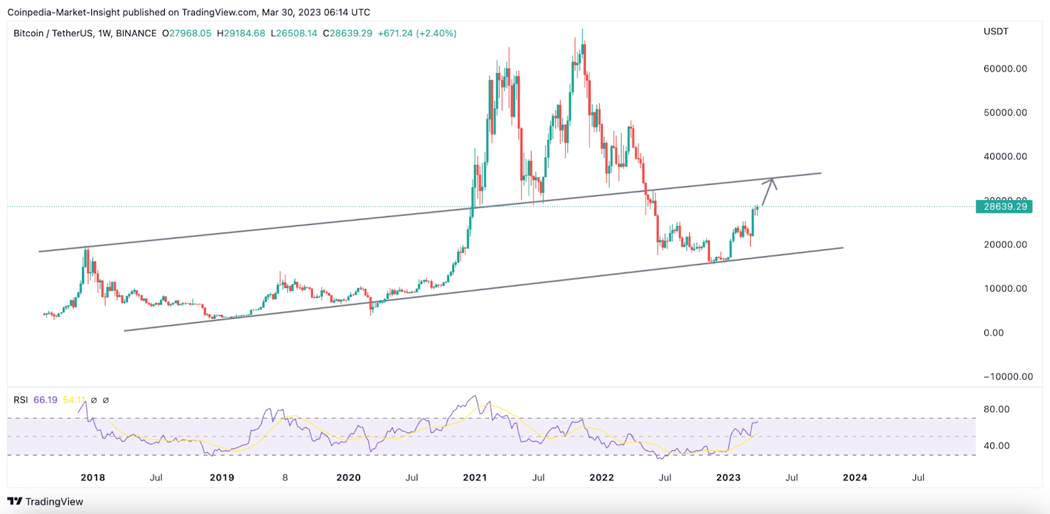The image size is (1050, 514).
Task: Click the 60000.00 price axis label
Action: [1005, 69]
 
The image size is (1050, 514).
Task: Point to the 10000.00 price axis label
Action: [1005, 289]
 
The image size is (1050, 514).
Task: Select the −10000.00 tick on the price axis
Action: [1007, 377]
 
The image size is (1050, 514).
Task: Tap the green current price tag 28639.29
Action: [1004, 207]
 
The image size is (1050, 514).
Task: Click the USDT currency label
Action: [996, 32]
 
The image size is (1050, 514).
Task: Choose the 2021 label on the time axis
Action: [474, 477]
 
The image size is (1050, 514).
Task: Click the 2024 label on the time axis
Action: [854, 477]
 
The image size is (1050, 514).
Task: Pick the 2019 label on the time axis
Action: [222, 477]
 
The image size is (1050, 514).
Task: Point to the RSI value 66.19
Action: [45, 400]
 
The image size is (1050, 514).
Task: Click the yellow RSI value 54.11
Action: [74, 400]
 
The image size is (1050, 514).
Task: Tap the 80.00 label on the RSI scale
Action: [996, 409]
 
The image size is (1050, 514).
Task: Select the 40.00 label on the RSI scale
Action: [996, 446]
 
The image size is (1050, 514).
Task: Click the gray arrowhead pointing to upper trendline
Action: [773, 182]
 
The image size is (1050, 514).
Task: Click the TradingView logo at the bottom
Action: [45, 502]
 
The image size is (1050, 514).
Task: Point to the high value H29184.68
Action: [241, 33]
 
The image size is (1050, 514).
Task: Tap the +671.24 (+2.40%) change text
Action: [417, 33]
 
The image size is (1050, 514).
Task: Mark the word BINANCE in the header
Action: [136, 33]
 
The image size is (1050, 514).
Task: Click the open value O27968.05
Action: [187, 33]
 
